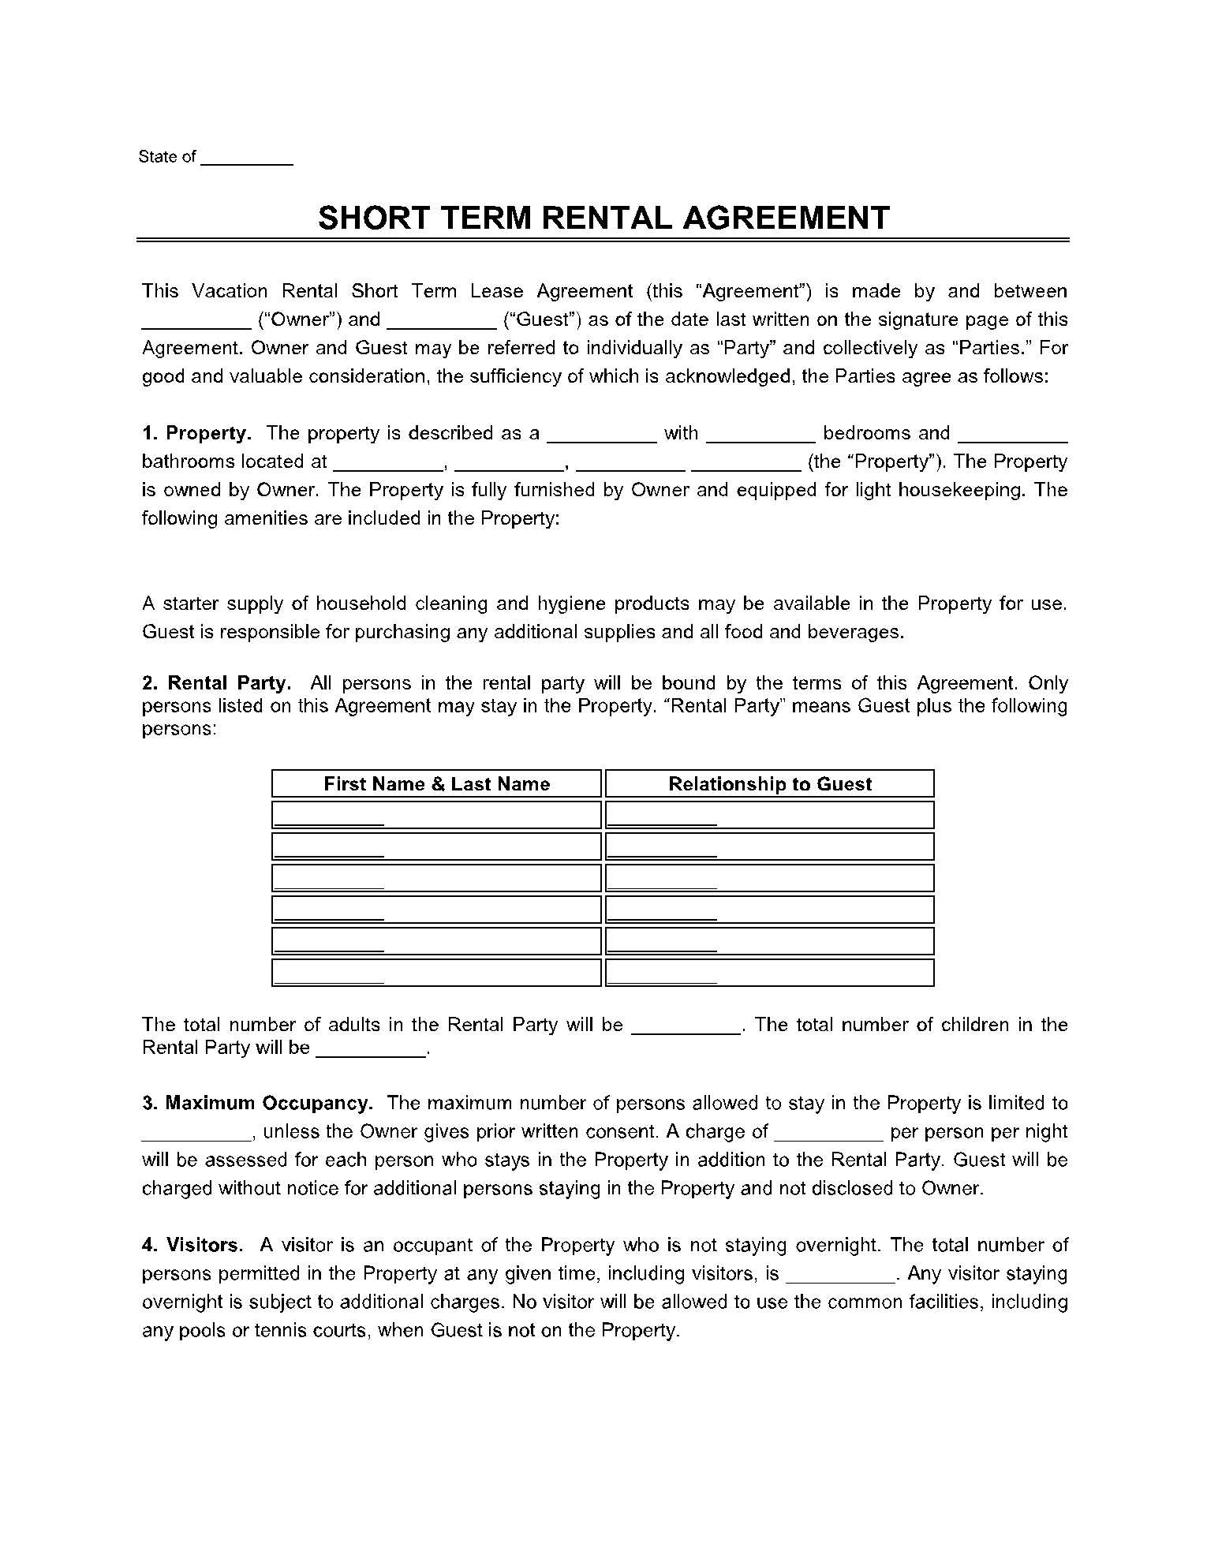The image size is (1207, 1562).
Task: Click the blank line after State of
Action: pyautogui.click(x=247, y=158)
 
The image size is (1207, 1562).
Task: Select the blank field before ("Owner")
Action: pyautogui.click(x=196, y=320)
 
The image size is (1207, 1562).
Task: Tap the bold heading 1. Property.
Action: pyautogui.click(x=197, y=433)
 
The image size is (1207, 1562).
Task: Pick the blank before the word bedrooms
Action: pyautogui.click(x=760, y=434)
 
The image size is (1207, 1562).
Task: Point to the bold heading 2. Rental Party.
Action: pyautogui.click(x=217, y=683)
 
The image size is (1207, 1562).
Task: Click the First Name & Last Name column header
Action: pyautogui.click(x=436, y=784)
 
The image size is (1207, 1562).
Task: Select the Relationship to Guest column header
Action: pyautogui.click(x=769, y=784)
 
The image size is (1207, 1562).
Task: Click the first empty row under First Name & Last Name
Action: pyautogui.click(x=436, y=815)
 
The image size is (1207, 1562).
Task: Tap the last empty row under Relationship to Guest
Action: pyautogui.click(x=769, y=973)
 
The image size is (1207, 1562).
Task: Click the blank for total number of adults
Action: pyautogui.click(x=686, y=1026)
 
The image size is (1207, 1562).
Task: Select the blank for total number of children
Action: pyautogui.click(x=370, y=1049)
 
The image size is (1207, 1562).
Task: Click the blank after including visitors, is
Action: pyautogui.click(x=841, y=1274)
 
